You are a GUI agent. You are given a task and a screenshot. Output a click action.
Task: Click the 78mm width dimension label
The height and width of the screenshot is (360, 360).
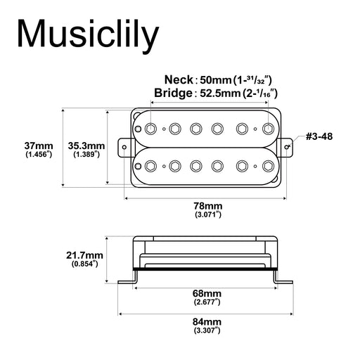click(x=207, y=205)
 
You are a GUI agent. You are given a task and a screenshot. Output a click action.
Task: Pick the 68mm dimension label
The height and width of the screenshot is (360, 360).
click(x=207, y=292)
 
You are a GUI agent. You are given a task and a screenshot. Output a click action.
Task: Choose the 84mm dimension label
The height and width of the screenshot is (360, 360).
click(x=207, y=321)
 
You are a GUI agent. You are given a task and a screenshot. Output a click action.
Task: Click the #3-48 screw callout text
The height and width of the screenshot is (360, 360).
click(x=318, y=135)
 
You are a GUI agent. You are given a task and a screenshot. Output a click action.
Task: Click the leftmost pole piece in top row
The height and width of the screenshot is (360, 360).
click(x=151, y=129)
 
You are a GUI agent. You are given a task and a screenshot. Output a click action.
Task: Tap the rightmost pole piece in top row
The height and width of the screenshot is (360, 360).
click(x=267, y=129)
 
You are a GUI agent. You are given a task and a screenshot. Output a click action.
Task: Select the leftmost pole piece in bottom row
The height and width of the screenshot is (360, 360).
click(x=151, y=165)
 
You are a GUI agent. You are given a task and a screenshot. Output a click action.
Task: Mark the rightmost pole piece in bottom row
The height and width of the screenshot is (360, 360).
click(x=267, y=165)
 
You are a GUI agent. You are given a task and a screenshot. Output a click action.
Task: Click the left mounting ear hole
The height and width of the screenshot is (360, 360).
click(x=127, y=147)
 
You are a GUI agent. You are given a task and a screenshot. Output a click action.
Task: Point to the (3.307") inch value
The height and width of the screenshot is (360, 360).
click(x=207, y=330)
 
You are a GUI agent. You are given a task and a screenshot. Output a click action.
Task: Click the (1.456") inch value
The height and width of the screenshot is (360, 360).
click(x=39, y=153)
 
